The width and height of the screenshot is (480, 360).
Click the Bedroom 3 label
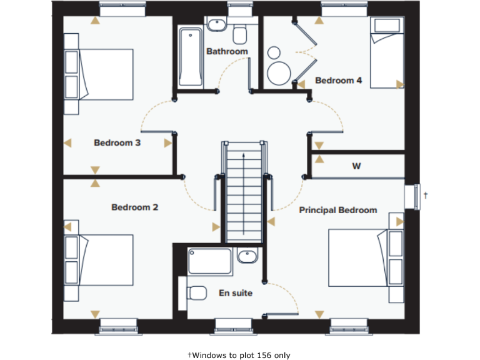click(117, 143)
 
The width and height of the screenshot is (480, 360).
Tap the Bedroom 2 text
click(134, 207)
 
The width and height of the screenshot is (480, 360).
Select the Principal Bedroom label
click(337, 210)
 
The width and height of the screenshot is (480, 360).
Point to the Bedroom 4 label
click(338, 81)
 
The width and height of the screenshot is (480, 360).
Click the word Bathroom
click(227, 51)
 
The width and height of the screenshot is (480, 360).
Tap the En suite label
click(235, 292)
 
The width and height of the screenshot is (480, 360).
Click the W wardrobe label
click(356, 166)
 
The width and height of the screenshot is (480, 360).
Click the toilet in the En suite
click(196, 292)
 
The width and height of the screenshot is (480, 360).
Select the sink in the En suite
click(247, 256)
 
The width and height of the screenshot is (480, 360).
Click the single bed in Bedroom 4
click(387, 52)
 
